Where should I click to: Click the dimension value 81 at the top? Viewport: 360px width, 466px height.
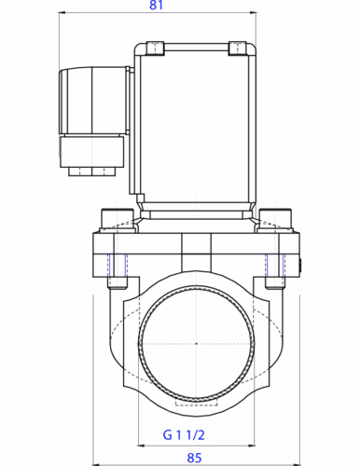[156, 5]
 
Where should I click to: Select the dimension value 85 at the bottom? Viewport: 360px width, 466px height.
[194, 458]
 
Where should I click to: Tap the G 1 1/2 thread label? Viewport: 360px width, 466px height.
[184, 435]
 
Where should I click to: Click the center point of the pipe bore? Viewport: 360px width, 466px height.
[196, 344]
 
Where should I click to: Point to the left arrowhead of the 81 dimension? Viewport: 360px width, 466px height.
[62, 13]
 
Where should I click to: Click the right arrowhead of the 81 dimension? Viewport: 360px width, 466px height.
[253, 13]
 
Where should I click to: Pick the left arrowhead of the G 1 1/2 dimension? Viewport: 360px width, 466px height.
[141, 445]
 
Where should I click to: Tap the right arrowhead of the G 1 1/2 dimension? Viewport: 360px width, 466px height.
[251, 445]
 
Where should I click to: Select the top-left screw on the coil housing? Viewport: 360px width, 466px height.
[155, 48]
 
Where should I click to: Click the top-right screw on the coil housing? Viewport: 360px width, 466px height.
[238, 48]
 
